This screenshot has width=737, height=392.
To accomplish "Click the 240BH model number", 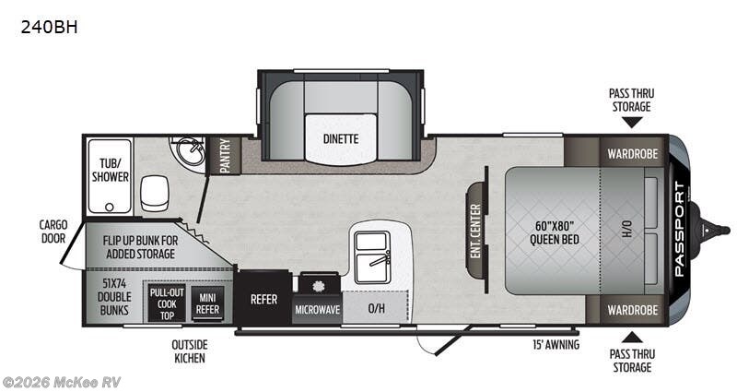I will [x=48, y=27].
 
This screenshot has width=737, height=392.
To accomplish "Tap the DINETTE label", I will [x=340, y=139].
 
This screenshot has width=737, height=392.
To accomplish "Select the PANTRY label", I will [x=224, y=156].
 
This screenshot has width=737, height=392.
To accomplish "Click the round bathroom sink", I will [x=190, y=148].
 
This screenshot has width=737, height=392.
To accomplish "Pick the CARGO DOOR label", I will [x=53, y=232].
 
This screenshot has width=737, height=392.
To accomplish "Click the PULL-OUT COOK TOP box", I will [x=167, y=303].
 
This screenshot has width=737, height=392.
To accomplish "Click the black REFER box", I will [x=263, y=299].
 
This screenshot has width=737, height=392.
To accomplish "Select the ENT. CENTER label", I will [x=475, y=230].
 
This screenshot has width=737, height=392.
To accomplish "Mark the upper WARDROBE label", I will [x=632, y=154].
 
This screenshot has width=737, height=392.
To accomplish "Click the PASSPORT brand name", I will [x=680, y=229].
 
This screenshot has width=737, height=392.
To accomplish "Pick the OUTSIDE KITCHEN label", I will [x=189, y=351].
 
